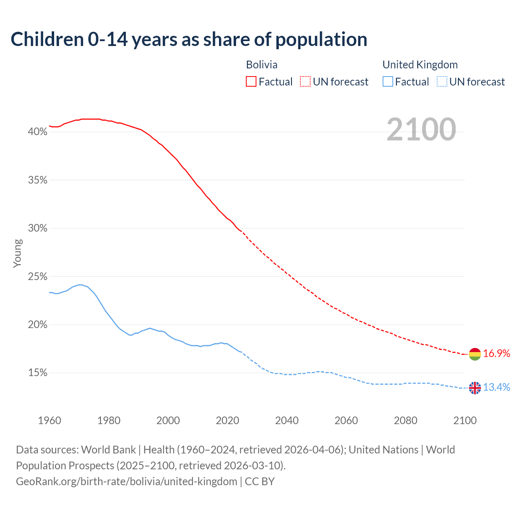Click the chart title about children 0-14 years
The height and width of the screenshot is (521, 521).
tap(189, 39)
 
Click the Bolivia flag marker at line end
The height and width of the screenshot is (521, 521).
tap(475, 354)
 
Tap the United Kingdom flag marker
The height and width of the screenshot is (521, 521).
tap(475, 388)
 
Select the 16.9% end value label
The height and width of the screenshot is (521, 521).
tap(497, 354)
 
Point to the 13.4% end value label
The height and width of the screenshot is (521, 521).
tap(497, 387)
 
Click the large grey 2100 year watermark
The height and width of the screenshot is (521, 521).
tap(421, 129)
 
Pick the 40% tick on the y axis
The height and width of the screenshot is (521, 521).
tap(37, 132)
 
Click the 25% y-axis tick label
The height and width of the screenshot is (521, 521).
tap(37, 277)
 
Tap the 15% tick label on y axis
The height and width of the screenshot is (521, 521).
tap(37, 373)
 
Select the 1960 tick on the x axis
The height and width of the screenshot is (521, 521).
tap(49, 420)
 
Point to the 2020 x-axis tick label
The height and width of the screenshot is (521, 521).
tap(227, 420)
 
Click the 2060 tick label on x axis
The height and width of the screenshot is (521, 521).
tap(346, 420)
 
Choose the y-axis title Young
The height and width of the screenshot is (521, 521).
tap(17, 253)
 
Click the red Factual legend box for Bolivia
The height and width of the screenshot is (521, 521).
tap(251, 82)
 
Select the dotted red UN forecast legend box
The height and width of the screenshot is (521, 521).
tap(305, 82)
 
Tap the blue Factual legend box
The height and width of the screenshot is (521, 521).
tap(388, 82)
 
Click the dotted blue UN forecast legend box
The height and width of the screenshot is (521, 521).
tap(442, 82)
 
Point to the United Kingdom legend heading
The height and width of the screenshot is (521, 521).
tap(420, 65)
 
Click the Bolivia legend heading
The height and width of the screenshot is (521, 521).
tap(262, 65)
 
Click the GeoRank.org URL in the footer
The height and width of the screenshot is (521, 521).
tap(127, 482)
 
